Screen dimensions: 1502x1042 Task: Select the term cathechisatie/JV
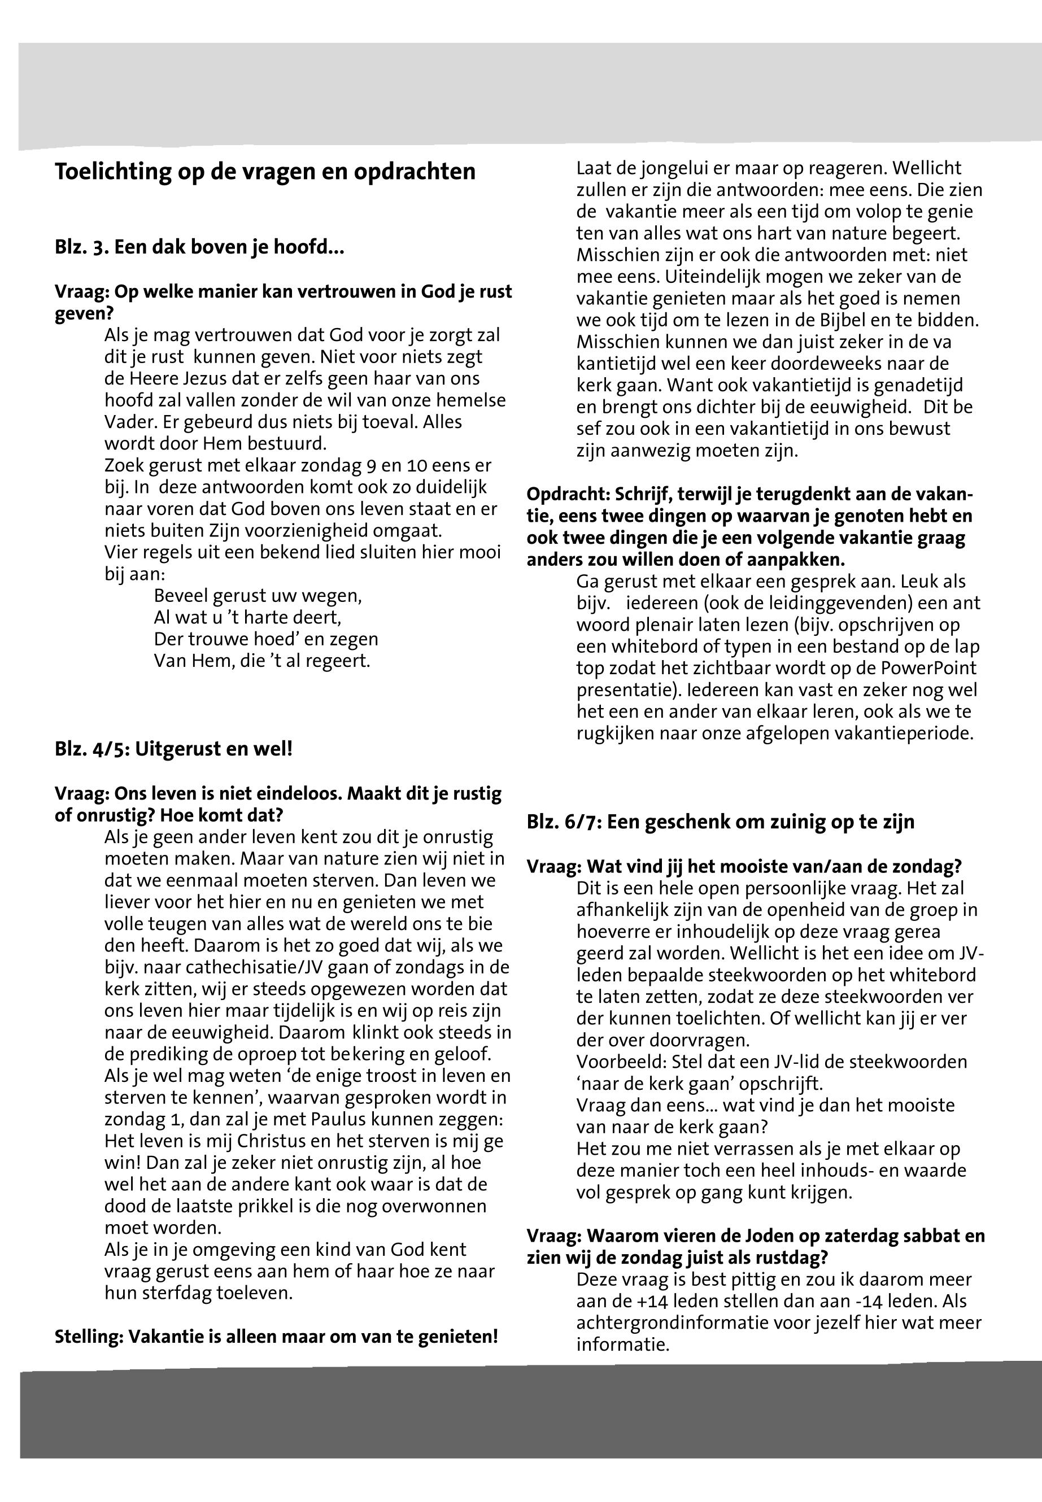pos(226,967)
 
